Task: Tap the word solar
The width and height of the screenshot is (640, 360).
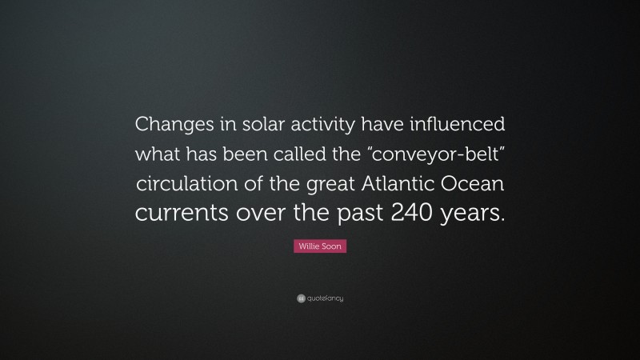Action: coord(254,126)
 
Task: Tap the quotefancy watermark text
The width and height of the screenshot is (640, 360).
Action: coord(326,298)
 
